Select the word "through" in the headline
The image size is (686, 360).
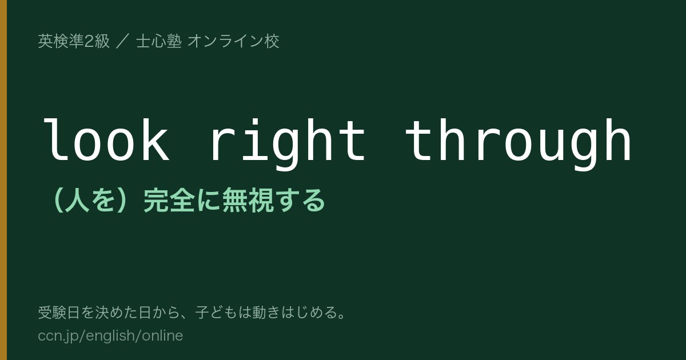coord(518,144)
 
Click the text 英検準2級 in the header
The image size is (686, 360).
coord(74,41)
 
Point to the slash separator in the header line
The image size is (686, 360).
coord(123,41)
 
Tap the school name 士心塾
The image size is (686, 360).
coord(159,41)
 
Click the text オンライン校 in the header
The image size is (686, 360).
coord(233,41)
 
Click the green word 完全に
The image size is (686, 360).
coord(182,201)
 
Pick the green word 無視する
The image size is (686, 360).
coord(273,201)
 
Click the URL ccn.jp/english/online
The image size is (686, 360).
coord(110,336)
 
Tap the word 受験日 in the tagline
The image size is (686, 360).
coord(59,313)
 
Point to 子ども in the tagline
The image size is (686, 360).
coord(217,313)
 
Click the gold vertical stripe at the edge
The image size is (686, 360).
coord(3,180)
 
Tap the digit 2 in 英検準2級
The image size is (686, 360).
coord(89,42)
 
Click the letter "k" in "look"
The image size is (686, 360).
coord(156,139)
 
